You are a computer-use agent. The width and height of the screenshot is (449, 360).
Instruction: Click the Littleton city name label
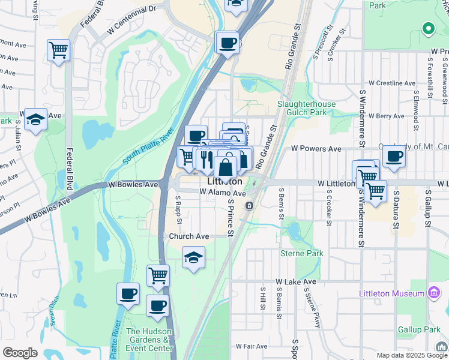(224, 181)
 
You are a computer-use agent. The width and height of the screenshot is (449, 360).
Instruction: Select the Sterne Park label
(302, 254)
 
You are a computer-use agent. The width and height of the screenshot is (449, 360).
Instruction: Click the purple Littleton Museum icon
(433, 293)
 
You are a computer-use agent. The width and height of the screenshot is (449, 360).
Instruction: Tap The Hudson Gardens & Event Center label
(149, 340)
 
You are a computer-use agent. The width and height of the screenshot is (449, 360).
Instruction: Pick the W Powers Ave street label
(316, 149)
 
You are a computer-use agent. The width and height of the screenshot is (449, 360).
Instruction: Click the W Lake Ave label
(295, 281)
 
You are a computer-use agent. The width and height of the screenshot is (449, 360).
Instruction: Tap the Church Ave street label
(188, 236)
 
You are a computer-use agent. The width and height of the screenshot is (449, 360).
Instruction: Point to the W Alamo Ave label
(223, 193)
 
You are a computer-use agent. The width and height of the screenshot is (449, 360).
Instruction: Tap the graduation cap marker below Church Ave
(194, 258)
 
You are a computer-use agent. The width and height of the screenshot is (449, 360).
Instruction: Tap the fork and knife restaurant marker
(206, 159)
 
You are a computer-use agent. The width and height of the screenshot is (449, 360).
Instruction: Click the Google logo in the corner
(20, 353)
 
